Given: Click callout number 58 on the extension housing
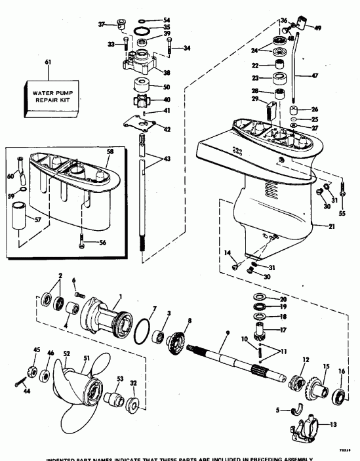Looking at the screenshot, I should coord(110,151).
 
